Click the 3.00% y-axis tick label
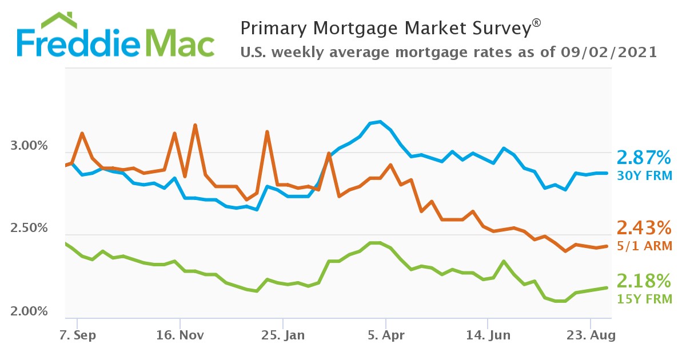(29, 147)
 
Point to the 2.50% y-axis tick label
(29, 229)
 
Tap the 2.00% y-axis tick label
(29, 312)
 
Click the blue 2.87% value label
(643, 158)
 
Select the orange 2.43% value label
(643, 229)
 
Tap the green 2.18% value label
(643, 281)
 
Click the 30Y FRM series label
(644, 175)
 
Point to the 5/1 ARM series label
(644, 246)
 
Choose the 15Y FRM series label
(644, 298)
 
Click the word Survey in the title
(497, 27)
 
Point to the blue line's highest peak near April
(380, 122)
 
